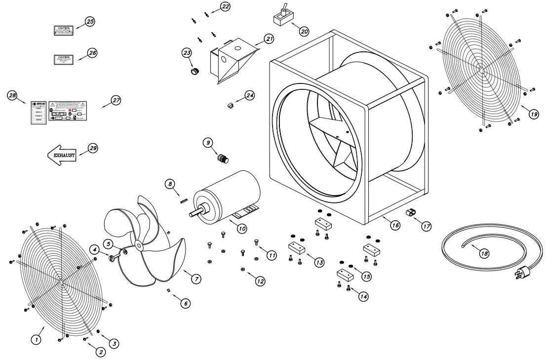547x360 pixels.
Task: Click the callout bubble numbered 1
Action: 36,339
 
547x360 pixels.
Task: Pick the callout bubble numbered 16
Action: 395,225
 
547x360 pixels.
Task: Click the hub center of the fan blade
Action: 139,244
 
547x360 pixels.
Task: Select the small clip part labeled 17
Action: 410,213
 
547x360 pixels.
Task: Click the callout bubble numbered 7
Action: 196,279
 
